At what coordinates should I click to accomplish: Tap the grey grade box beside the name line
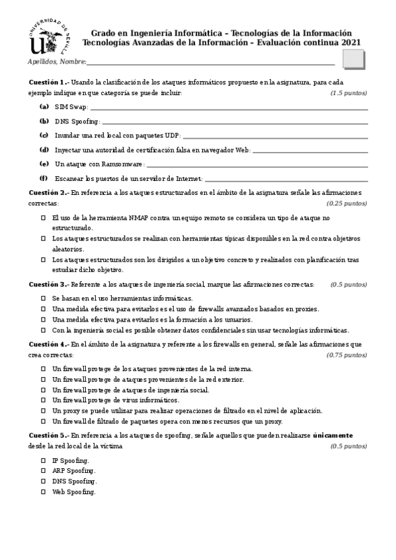(354, 59)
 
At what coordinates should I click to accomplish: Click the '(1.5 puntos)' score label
(348, 93)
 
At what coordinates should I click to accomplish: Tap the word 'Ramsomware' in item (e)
(122, 164)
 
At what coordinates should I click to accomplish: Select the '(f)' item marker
(44, 178)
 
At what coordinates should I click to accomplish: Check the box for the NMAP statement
(44, 217)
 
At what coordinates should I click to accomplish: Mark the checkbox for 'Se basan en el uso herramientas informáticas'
(44, 298)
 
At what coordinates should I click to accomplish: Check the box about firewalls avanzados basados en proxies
(44, 309)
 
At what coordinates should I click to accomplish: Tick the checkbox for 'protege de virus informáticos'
(44, 400)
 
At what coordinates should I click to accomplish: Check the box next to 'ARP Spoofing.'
(44, 471)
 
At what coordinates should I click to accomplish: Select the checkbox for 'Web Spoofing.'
(44, 492)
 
